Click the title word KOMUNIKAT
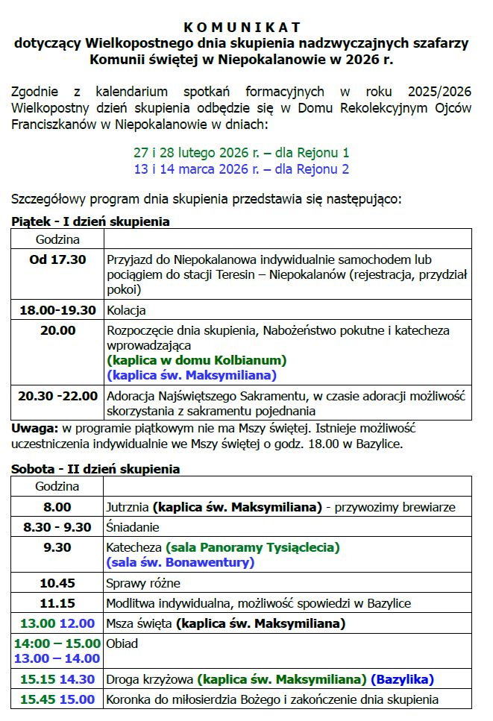[x=242, y=28]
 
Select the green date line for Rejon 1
[x=241, y=153]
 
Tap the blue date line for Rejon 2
[x=241, y=169]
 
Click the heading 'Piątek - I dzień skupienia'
[x=90, y=221]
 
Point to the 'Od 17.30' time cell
[x=57, y=260]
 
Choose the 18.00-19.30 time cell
[x=57, y=310]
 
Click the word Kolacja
[x=126, y=310]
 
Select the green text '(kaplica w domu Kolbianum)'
[x=197, y=360]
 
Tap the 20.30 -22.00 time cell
[x=57, y=396]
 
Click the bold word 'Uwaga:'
[x=34, y=428]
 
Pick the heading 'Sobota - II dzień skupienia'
[x=95, y=469]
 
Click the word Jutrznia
[x=128, y=507]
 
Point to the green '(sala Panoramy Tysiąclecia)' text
[x=252, y=547]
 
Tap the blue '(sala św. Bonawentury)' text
[x=180, y=562]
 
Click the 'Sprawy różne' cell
[x=143, y=583]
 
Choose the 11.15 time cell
[x=57, y=603]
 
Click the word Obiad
[x=123, y=643]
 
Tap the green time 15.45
[x=38, y=699]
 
